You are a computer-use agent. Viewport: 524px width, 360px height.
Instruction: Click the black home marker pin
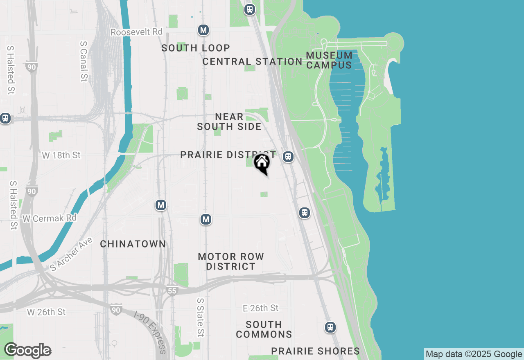pos(262,164)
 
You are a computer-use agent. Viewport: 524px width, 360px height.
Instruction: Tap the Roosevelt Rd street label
pos(136,32)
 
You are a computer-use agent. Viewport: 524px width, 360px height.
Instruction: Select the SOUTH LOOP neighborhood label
pos(196,48)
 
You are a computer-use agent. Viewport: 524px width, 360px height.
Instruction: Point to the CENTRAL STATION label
pos(252,61)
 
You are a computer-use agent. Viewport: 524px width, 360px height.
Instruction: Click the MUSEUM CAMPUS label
pos(329,60)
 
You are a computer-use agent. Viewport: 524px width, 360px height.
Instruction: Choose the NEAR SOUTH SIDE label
pos(229,122)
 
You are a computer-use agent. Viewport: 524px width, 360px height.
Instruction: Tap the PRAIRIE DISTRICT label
pos(228,155)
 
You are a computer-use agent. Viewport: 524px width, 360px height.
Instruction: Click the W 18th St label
pos(61,155)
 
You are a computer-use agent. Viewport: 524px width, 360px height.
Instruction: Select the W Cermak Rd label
pos(50,218)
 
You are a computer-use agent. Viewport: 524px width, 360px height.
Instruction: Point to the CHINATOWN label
pos(133,244)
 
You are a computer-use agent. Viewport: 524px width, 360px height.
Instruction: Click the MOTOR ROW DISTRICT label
pos(231,261)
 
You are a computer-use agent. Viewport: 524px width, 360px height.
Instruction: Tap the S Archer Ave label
pos(72,254)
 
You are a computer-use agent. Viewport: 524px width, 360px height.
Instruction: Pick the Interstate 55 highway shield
pos(172,291)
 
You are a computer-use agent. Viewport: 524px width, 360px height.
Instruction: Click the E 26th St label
pos(260,308)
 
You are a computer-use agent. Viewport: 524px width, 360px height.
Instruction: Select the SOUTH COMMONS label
pos(264,329)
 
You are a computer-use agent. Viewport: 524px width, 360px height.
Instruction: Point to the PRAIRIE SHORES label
pos(316,351)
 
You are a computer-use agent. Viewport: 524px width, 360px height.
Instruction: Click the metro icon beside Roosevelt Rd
pos(203,30)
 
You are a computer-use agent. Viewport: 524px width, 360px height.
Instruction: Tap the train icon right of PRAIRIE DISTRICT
pos(289,157)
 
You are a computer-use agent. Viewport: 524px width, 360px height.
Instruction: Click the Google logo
pos(27,351)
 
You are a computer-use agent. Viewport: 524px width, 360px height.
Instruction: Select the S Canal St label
pos(84,61)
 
